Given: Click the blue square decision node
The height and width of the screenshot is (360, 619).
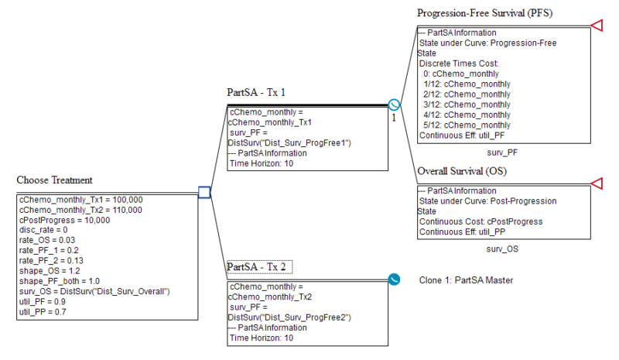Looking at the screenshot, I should pyautogui.click(x=204, y=192).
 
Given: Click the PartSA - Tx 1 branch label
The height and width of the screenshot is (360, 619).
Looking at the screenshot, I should pyautogui.click(x=256, y=92).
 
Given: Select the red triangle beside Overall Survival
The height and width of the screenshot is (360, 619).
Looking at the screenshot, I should pyautogui.click(x=597, y=183).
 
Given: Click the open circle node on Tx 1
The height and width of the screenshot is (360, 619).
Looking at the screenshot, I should pyautogui.click(x=394, y=105).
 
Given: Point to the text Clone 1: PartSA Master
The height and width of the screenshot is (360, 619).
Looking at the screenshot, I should pyautogui.click(x=466, y=279).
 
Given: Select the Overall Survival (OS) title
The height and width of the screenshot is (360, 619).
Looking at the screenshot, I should pyautogui.click(x=463, y=171).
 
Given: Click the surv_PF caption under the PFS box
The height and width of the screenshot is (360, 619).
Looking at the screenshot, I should pyautogui.click(x=502, y=153).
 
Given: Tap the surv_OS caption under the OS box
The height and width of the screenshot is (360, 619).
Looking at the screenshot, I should pyautogui.click(x=502, y=249).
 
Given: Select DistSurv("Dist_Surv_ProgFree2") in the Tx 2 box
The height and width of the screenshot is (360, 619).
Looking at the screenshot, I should pyautogui.click(x=290, y=317).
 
